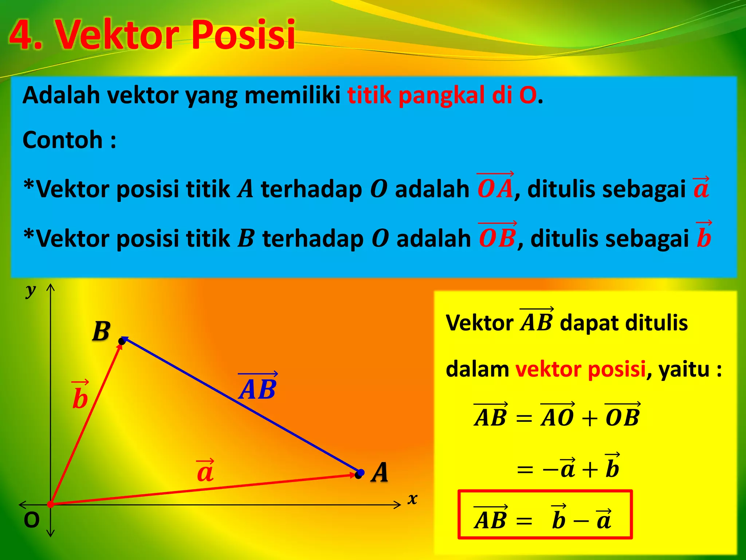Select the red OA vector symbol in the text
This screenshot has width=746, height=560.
[495, 187]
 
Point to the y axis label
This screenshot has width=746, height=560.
[31, 291]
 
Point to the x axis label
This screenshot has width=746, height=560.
[412, 498]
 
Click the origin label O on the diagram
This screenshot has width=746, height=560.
[31, 520]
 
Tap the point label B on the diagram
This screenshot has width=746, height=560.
[101, 331]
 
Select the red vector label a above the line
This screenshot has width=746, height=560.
[205, 471]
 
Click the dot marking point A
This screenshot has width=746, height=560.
[360, 474]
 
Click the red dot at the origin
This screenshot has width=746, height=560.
[51, 504]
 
